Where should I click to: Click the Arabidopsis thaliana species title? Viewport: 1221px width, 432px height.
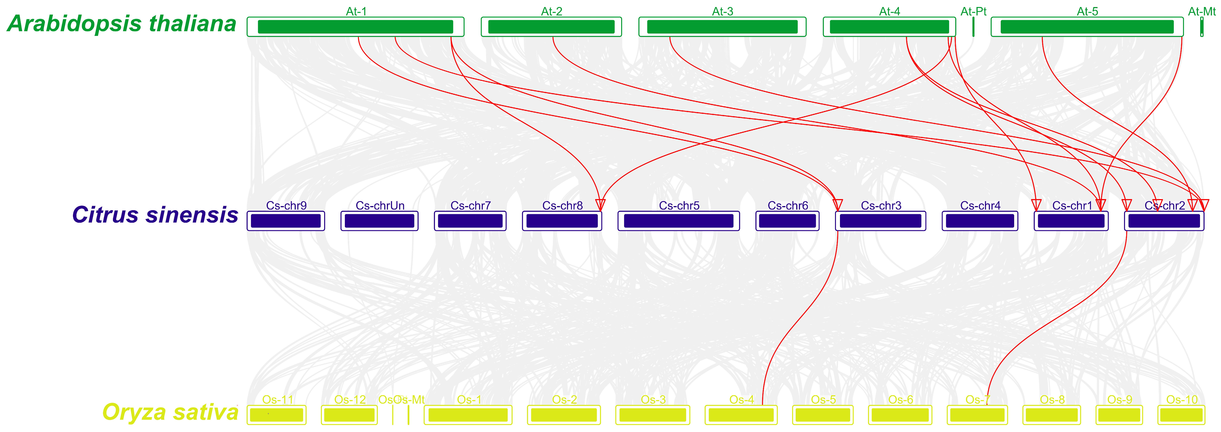[x=121, y=24]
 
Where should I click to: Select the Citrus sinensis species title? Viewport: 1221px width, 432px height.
[x=155, y=215]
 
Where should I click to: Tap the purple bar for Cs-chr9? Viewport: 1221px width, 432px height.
[x=286, y=221]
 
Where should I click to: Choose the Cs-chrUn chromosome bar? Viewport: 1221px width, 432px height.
[x=379, y=221]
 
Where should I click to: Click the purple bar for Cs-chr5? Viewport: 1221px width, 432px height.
[x=678, y=221]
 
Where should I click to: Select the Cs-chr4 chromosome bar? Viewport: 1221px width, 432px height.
[x=980, y=221]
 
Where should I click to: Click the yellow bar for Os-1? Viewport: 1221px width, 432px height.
[x=468, y=415]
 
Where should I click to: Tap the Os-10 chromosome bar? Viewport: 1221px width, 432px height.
[x=1181, y=415]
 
